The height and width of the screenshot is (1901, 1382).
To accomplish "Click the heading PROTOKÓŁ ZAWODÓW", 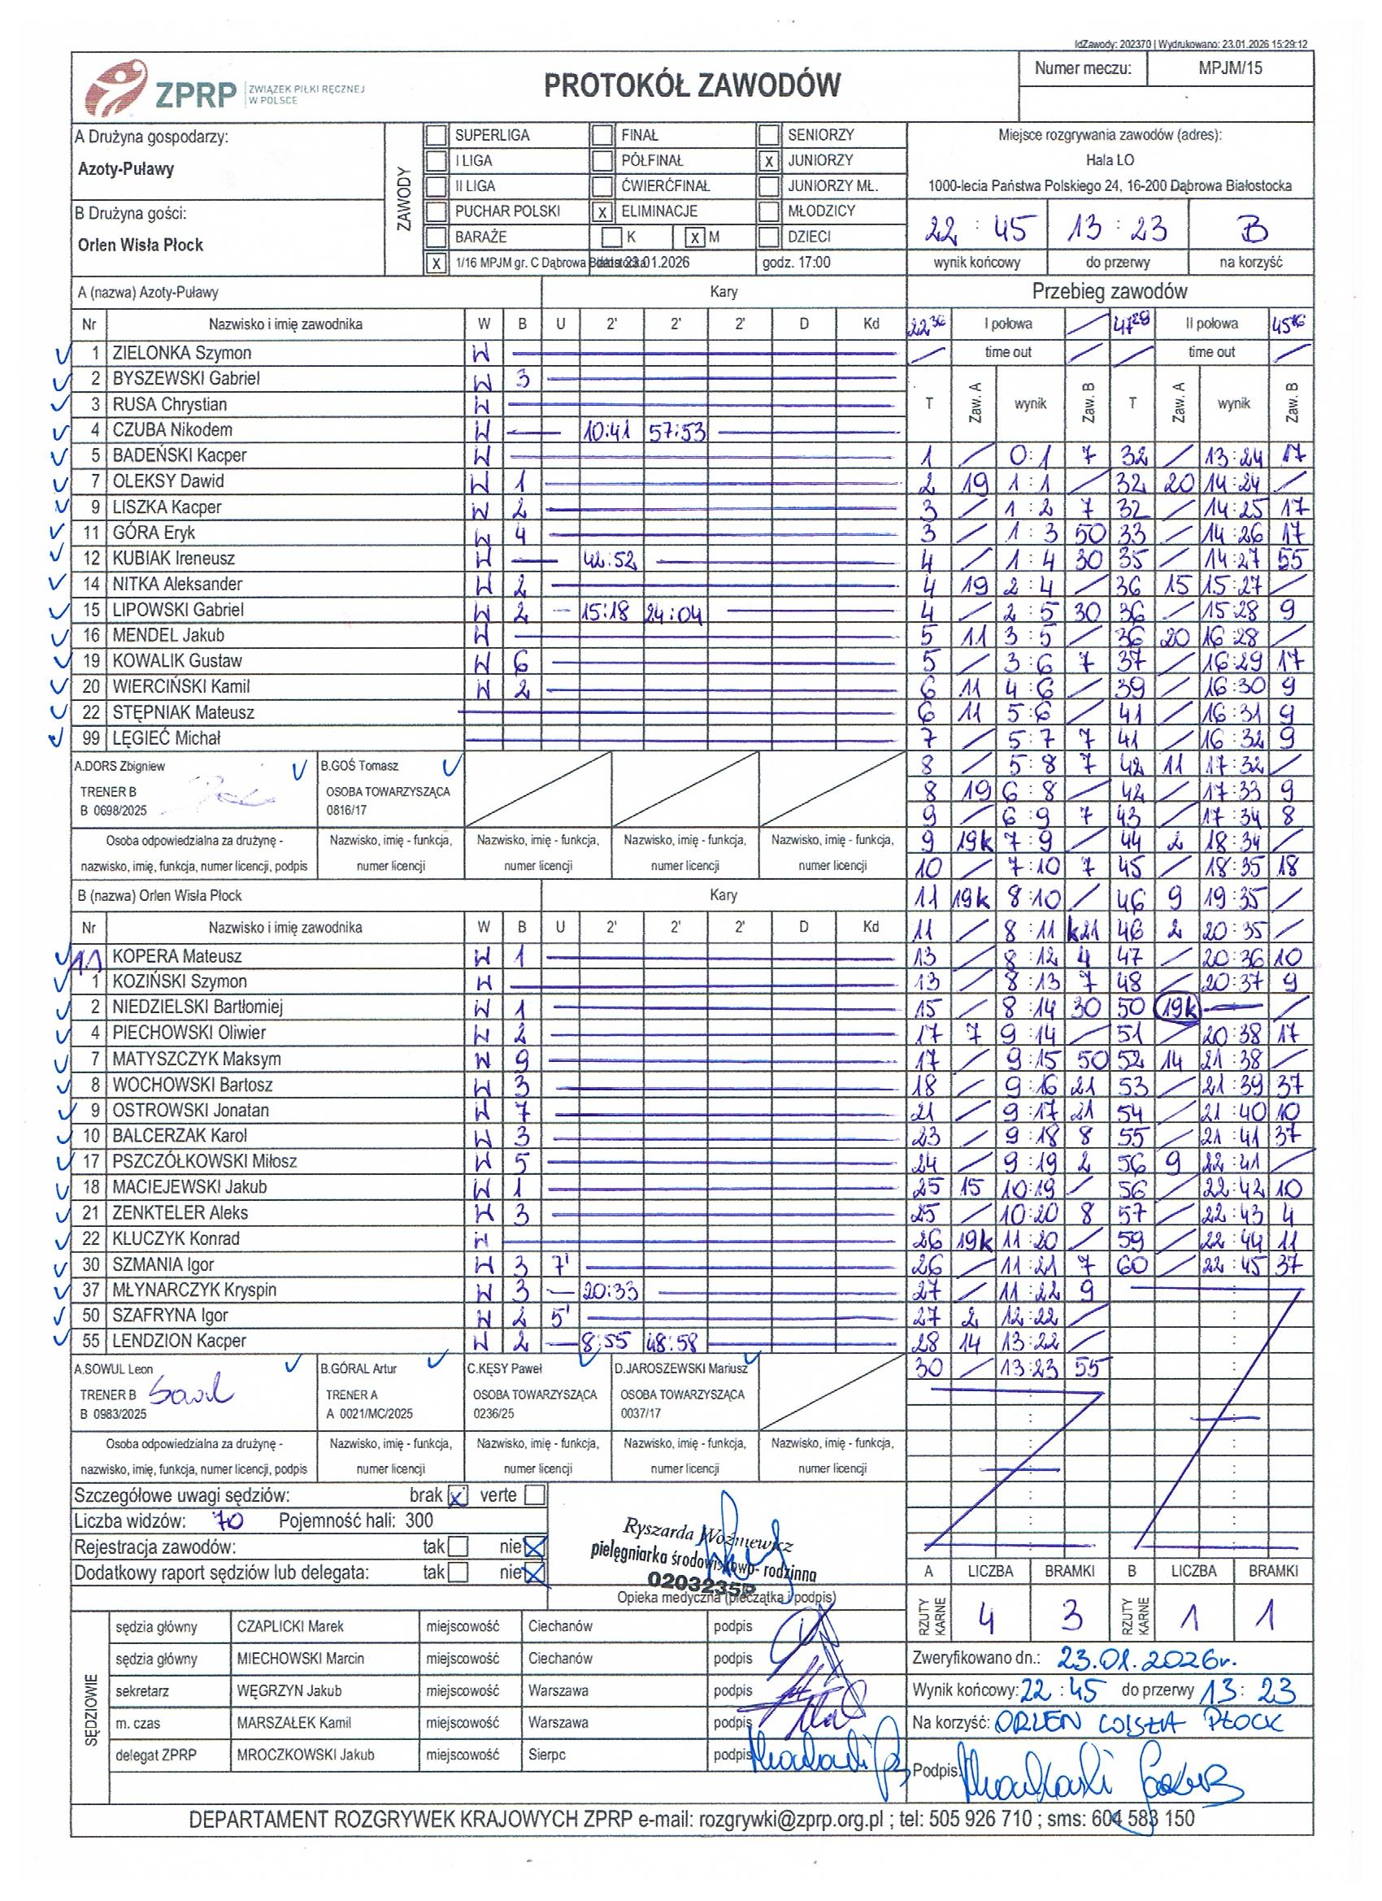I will point(692,85).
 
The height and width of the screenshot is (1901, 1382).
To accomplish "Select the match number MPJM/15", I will point(1229,69).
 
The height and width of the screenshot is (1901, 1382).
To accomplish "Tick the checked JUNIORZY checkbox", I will point(767,161).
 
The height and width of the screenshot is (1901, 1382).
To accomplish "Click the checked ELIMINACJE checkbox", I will point(602,212).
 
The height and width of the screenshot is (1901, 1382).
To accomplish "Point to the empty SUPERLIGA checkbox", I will point(436,136).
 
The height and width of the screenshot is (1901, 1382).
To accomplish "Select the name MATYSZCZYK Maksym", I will point(196,1059).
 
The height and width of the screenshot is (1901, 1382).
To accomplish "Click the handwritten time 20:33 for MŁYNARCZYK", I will point(609,1292).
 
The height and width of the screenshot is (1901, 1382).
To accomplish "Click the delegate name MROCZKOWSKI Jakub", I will point(305,1755).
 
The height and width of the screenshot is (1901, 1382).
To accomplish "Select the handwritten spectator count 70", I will point(226,1520).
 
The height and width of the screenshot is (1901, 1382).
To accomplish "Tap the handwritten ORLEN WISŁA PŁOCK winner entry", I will point(1138,1723).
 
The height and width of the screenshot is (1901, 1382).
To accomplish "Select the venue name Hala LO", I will point(1110,161).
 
